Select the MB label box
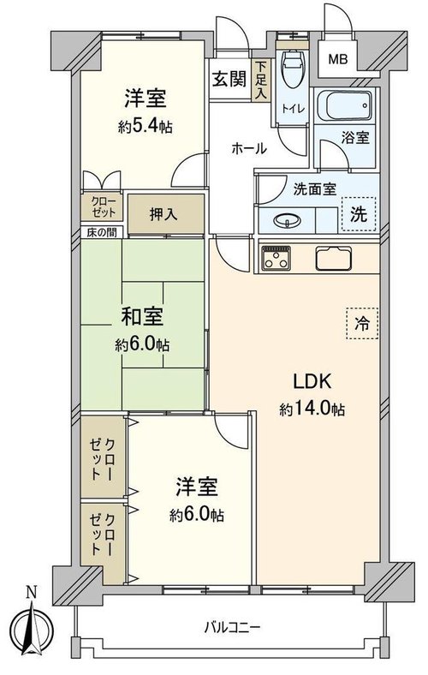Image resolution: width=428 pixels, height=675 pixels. [337, 59]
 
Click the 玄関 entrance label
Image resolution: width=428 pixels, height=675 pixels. [229, 79]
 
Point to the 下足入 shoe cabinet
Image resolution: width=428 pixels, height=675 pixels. [262, 80]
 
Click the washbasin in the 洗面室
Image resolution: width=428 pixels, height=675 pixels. [287, 221]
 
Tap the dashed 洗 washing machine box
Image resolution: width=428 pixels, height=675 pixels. [359, 214]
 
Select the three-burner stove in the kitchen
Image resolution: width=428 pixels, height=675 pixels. [276, 259]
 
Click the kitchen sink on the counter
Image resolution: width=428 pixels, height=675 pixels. [334, 259]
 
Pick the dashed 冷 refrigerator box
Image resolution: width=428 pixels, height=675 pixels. [362, 324]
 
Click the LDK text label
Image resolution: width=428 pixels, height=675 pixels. [312, 381]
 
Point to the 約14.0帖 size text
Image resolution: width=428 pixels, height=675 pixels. [312, 409]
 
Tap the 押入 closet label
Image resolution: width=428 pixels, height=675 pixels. [163, 214]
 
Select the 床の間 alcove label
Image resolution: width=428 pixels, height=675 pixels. [102, 232]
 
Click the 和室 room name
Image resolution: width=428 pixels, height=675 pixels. [142, 317]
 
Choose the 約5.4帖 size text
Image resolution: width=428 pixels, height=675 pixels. [146, 127]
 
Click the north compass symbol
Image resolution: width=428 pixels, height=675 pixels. [32, 627]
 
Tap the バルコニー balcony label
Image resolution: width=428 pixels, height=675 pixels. [232, 626]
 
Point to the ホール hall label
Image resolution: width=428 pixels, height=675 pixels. [249, 148]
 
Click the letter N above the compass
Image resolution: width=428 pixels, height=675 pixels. [31, 593]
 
